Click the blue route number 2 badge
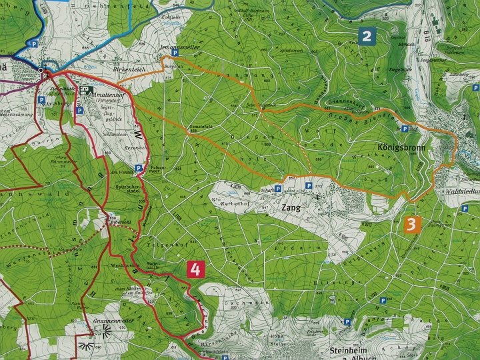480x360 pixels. pyautogui.click(x=365, y=36)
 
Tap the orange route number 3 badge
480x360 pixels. pyautogui.click(x=411, y=224)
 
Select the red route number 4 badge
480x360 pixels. pyautogui.click(x=195, y=269)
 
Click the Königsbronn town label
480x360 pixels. pyautogui.click(x=405, y=145)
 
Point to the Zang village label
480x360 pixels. pyautogui.click(x=291, y=207)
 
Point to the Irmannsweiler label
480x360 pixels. pyautogui.click(x=179, y=48)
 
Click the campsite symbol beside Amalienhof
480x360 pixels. pyautogui.click(x=85, y=91)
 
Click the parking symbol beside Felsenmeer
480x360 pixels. pyautogui.click(x=139, y=168)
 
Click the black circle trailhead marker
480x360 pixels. pyautogui.click(x=41, y=70)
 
